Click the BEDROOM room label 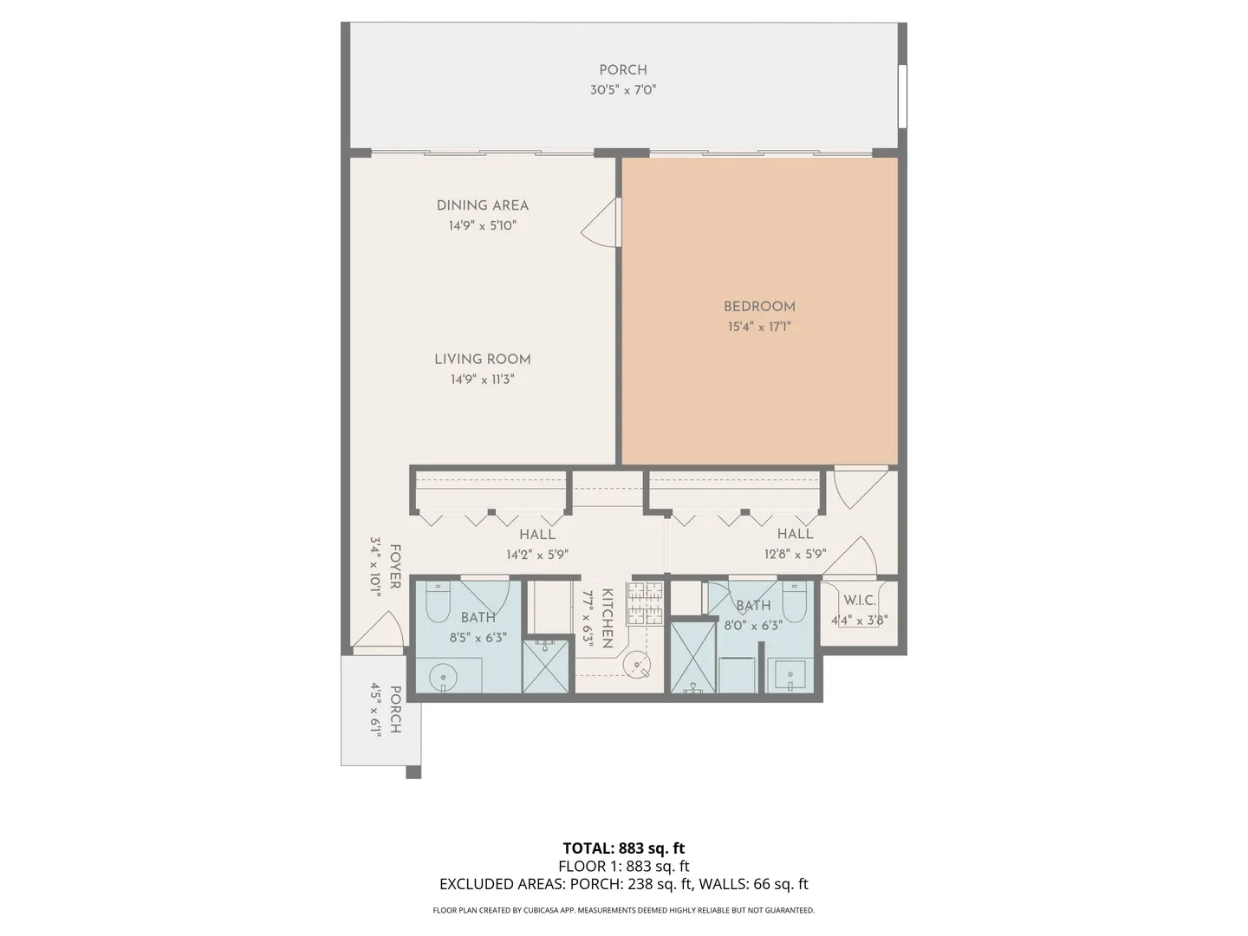click(759, 307)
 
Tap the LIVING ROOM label click(482, 359)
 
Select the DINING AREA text click(482, 205)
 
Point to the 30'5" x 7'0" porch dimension click(623, 90)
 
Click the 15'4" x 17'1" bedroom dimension click(759, 327)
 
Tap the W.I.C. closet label click(859, 600)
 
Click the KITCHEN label click(608, 618)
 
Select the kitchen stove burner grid click(645, 603)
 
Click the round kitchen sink click(636, 664)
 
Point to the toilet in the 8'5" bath click(438, 601)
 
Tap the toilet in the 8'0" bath click(794, 601)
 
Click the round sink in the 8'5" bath click(443, 678)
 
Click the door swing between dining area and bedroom click(601, 222)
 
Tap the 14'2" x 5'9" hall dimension click(537, 554)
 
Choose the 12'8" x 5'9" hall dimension click(795, 554)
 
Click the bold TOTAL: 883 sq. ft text click(624, 848)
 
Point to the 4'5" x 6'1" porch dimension click(376, 710)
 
